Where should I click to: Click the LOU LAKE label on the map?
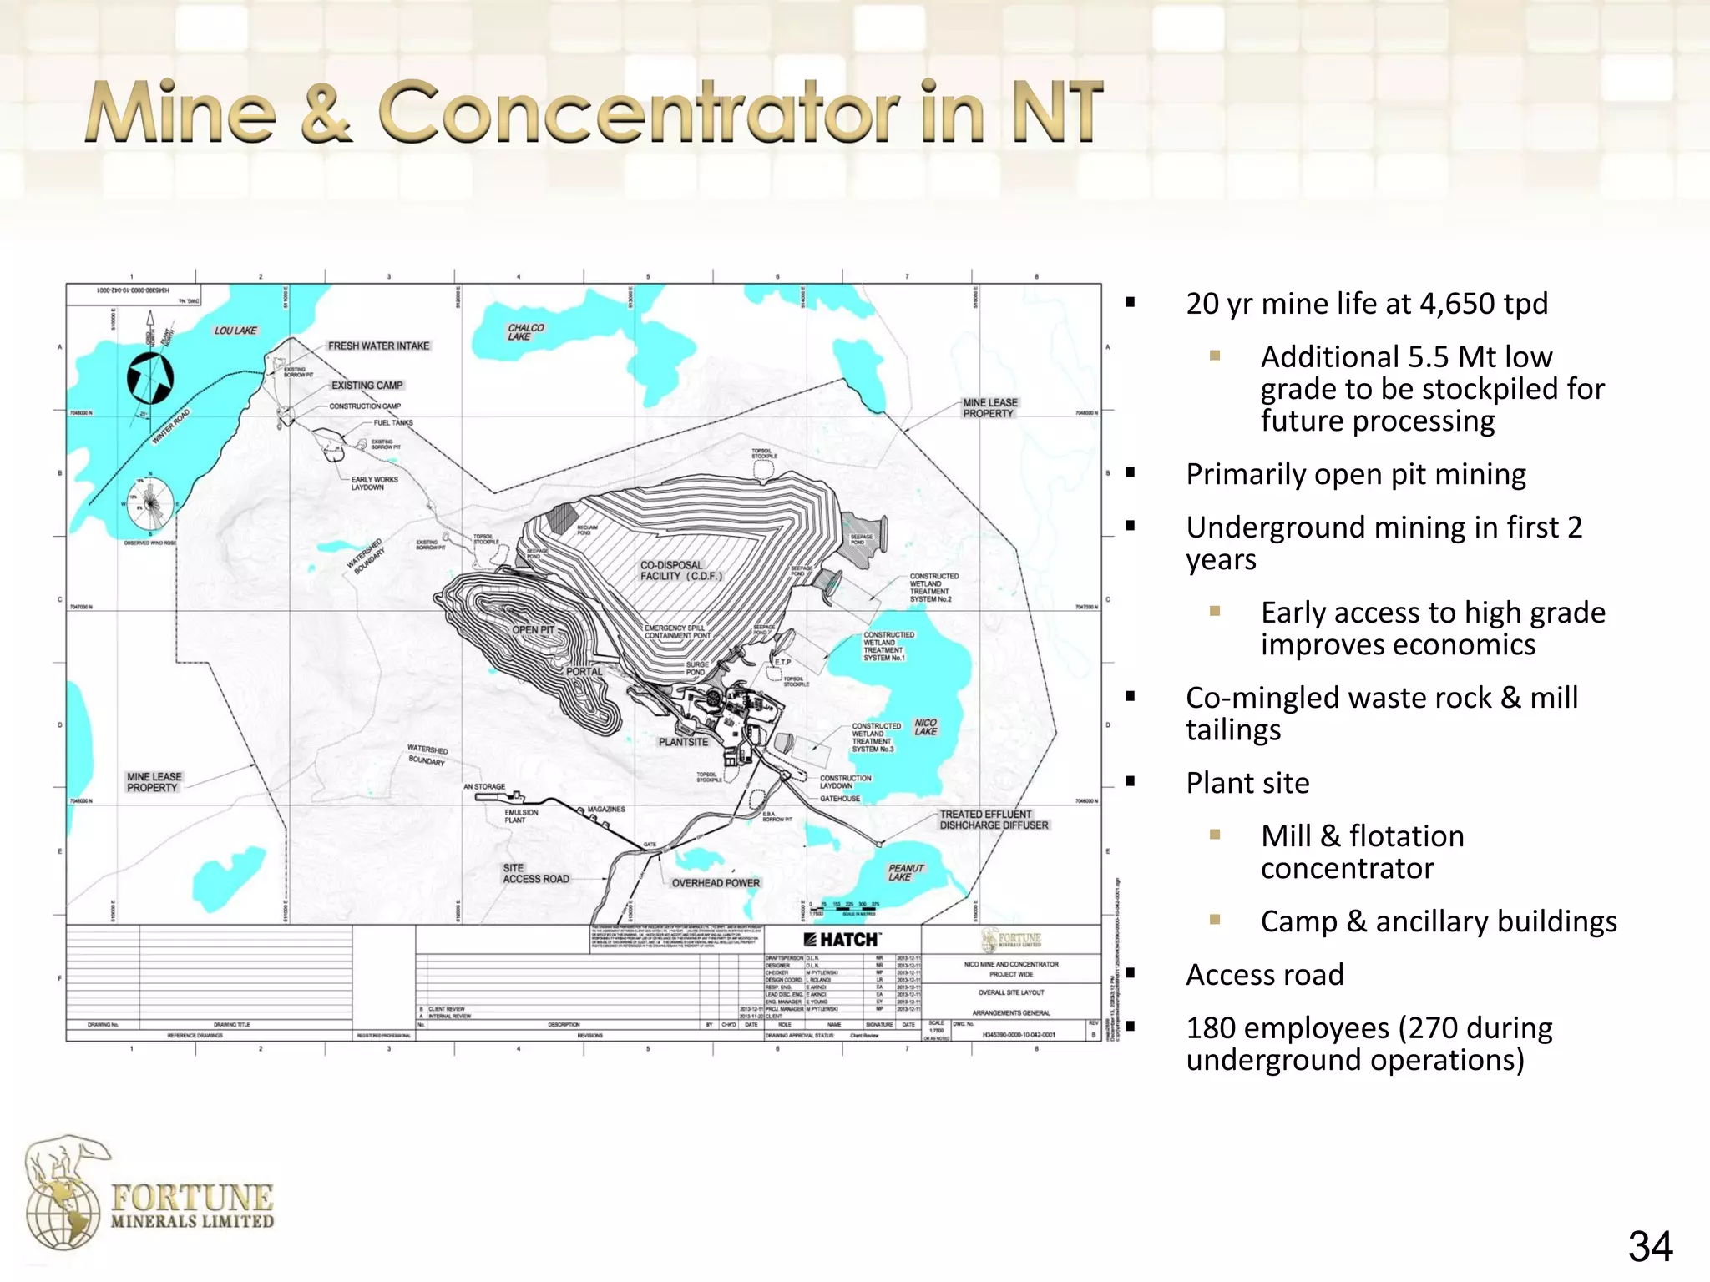click(235, 331)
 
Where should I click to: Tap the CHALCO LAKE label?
click(525, 332)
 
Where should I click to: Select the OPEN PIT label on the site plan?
click(533, 630)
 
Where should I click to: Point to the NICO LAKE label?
click(925, 727)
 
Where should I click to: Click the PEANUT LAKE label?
click(905, 872)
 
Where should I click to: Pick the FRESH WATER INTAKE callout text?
click(378, 346)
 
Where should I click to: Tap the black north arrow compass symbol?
click(150, 377)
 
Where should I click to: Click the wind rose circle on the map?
click(151, 505)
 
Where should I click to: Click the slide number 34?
click(1650, 1248)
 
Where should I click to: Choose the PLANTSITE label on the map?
click(683, 742)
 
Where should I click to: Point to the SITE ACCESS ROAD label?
click(535, 874)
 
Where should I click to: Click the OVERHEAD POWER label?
click(716, 883)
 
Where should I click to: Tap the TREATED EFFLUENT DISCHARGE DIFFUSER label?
click(993, 820)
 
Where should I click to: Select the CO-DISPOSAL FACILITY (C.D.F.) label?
click(680, 571)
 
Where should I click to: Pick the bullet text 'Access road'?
click(1264, 975)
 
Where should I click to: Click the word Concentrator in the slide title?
click(638, 112)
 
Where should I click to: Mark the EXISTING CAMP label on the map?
click(367, 386)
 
